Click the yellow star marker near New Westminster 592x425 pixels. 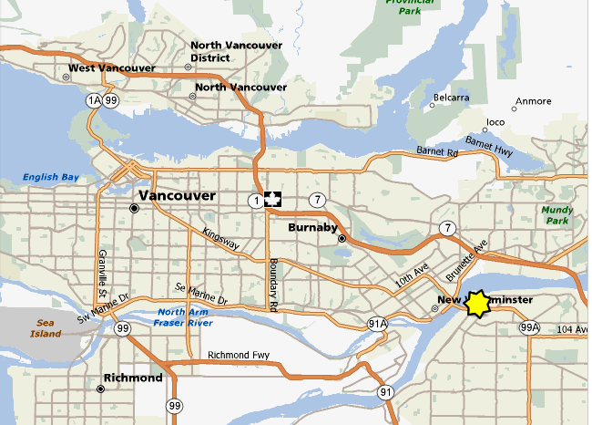tap(477, 304)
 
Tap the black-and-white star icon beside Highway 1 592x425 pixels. tap(273, 200)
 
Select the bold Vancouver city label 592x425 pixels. tap(177, 196)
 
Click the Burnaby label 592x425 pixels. tap(313, 227)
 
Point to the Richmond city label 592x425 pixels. tap(133, 378)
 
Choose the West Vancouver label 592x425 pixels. tap(111, 68)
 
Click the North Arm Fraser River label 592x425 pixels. tap(178, 318)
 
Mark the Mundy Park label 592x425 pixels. tap(556, 215)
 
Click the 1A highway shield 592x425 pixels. tap(92, 100)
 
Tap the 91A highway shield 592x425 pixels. tap(377, 324)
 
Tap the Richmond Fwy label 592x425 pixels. tap(239, 356)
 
